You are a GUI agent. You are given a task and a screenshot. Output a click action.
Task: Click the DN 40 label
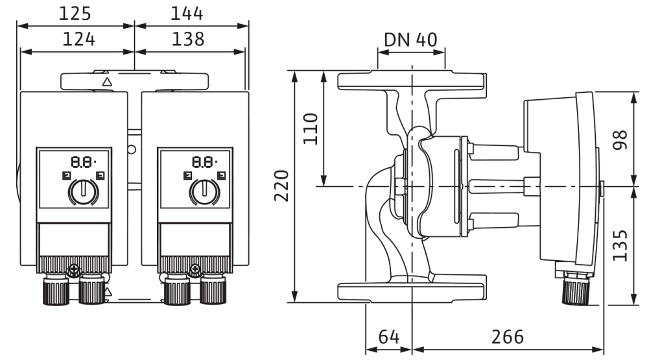(410, 40)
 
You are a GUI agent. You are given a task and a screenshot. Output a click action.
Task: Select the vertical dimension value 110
(310, 128)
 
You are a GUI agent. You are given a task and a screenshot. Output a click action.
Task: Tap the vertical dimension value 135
(621, 245)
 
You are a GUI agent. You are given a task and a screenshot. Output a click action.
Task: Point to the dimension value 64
(388, 339)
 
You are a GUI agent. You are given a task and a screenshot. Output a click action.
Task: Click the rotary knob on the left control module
(82, 193)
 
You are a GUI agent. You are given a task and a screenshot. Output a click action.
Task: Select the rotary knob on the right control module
(204, 193)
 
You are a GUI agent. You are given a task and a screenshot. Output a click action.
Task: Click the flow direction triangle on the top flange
(107, 82)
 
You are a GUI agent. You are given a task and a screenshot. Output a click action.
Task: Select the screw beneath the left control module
(75, 268)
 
